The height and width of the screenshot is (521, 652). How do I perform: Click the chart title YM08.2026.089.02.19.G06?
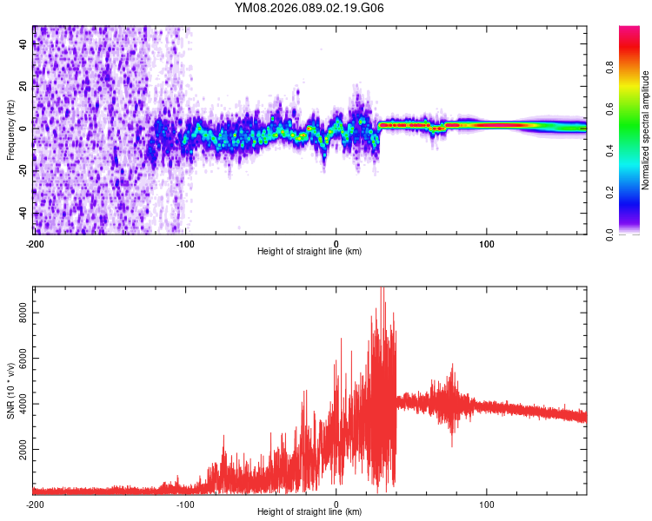click(309, 8)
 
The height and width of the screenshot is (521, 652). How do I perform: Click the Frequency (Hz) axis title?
click(10, 130)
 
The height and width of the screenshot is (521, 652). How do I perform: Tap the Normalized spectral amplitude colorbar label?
click(645, 130)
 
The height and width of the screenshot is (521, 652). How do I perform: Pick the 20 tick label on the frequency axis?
click(23, 87)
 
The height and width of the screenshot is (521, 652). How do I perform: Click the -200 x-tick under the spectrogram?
click(35, 243)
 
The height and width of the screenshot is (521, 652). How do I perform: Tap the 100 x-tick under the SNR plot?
click(487, 504)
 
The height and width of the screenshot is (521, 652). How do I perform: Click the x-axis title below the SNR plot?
click(309, 512)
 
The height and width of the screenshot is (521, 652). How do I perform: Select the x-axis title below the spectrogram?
click(309, 252)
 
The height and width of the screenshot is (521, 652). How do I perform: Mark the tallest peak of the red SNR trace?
click(382, 289)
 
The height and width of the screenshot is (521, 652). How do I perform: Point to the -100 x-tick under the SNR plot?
click(185, 504)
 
